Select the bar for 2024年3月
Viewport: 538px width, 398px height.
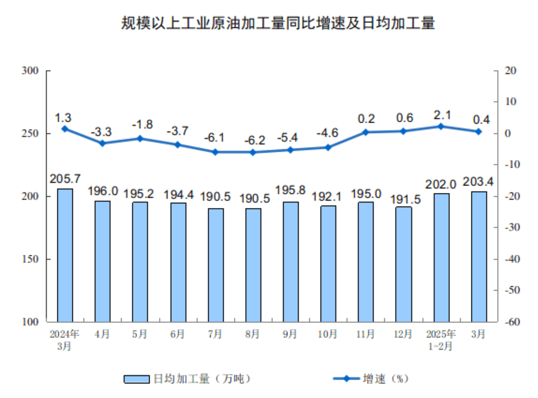point(65,255)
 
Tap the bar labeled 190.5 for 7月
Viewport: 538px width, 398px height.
point(216,265)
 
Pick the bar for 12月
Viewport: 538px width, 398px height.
point(404,264)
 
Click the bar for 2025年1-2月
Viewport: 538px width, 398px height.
point(441,258)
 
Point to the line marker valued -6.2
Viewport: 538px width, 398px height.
point(253,152)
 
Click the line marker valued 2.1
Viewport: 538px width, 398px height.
point(441,127)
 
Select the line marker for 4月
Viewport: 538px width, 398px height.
point(103,143)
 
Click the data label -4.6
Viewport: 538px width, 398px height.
point(328,132)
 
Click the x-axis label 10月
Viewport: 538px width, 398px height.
point(328,334)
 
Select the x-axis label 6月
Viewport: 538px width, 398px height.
point(178,334)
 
